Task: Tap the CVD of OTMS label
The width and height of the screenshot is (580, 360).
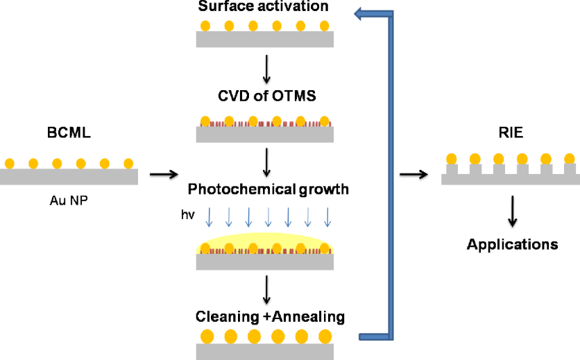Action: [266, 96]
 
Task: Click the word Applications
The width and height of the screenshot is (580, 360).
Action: [512, 244]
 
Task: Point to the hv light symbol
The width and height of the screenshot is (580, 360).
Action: [185, 216]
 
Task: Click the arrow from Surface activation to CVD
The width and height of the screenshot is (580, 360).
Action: [266, 69]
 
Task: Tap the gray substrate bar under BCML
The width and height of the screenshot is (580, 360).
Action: [69, 177]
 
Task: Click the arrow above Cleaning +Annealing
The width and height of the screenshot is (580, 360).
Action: [266, 289]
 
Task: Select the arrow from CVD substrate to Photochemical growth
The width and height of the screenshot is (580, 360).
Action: [266, 162]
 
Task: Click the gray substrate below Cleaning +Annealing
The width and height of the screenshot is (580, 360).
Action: [266, 352]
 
